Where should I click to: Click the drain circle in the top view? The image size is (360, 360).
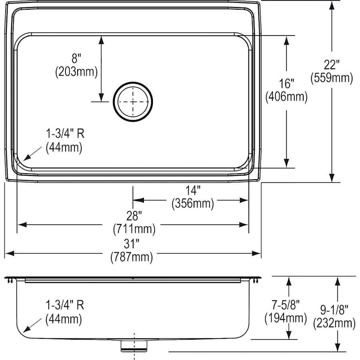point(133,101)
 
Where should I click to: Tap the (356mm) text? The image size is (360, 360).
point(193,204)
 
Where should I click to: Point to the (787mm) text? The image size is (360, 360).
point(132,257)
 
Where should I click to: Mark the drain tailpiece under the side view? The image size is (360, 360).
point(134,345)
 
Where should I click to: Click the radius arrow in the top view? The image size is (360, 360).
point(32,154)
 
